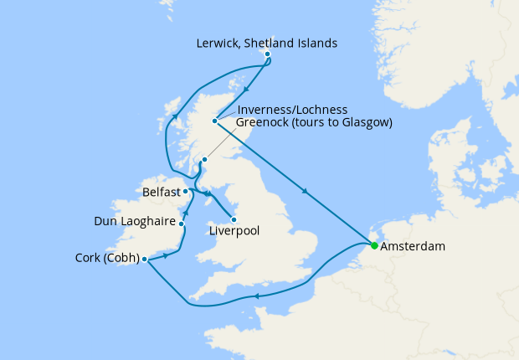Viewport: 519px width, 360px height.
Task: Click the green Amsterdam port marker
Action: [374, 246]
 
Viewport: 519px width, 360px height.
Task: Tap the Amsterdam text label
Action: [412, 247]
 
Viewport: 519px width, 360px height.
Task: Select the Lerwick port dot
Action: [267, 54]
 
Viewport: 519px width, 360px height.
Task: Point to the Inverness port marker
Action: [215, 121]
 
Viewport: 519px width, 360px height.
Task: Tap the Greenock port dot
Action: [204, 158]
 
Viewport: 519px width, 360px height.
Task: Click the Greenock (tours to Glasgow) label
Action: [314, 123]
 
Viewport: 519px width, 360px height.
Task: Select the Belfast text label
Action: [161, 192]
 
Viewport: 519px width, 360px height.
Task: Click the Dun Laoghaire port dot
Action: [182, 224]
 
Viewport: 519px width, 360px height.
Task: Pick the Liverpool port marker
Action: [234, 220]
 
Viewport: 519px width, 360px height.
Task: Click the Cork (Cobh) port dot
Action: [146, 259]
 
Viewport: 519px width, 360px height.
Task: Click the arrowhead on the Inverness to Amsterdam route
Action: [306, 193]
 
